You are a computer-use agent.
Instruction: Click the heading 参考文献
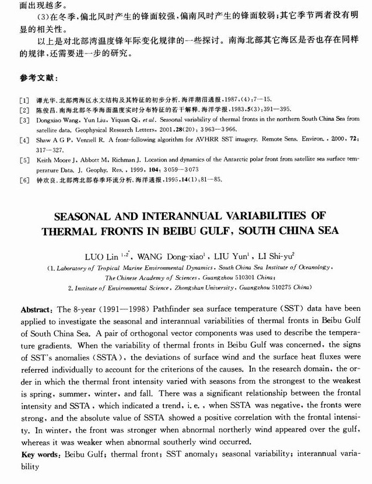(38, 78)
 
